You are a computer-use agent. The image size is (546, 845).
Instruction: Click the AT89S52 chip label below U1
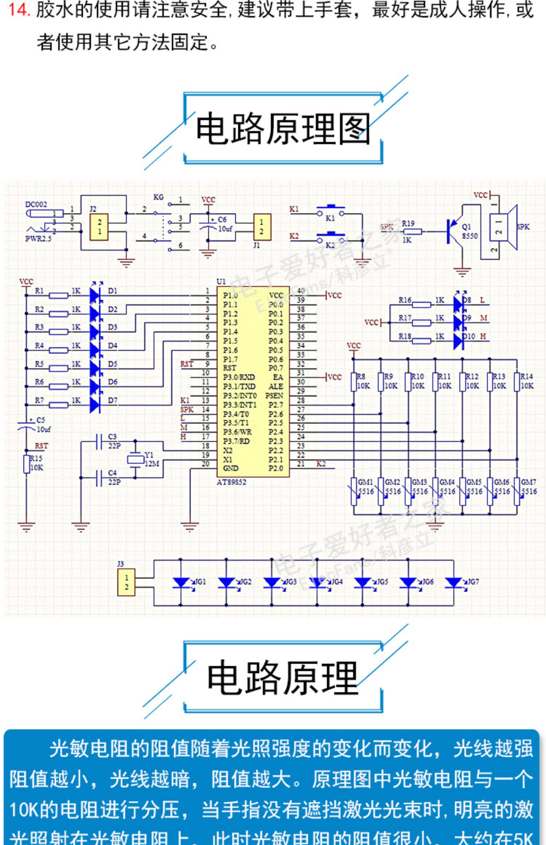tap(232, 482)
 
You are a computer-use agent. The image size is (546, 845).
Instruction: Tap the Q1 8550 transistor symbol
tap(454, 232)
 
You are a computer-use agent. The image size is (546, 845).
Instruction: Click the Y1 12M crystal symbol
tap(135, 460)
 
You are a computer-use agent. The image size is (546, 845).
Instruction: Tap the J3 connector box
tap(126, 582)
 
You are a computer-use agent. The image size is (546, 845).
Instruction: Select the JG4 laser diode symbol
tap(317, 582)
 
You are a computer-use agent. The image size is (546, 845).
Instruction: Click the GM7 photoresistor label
tap(529, 482)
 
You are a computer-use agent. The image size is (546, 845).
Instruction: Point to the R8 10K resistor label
tap(363, 381)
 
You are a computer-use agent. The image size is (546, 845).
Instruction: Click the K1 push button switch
tap(331, 212)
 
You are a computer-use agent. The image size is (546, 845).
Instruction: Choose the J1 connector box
tap(262, 227)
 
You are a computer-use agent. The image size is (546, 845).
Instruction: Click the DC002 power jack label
tap(36, 205)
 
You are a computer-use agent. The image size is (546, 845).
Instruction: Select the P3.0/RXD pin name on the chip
tap(239, 377)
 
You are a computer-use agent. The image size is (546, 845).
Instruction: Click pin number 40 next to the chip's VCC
tap(301, 291)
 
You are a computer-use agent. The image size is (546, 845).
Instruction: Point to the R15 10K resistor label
tap(36, 463)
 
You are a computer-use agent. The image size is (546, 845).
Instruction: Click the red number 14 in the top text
tap(19, 9)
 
